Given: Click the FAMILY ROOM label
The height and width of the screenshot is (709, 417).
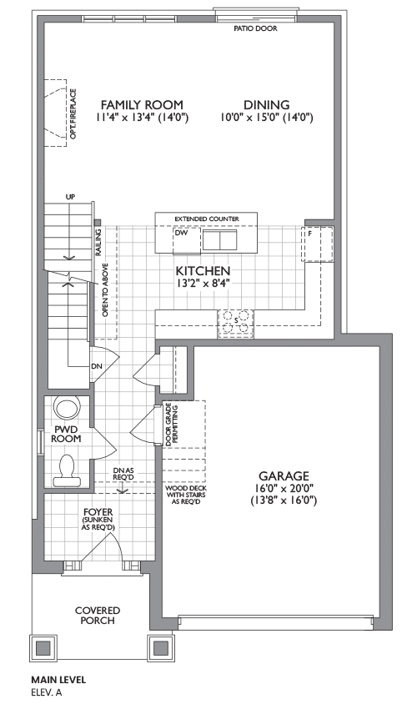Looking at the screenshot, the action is coord(142,105).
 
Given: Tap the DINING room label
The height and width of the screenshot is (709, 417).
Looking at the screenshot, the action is coord(267,105).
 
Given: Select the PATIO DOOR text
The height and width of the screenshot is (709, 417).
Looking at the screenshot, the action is coord(255,28).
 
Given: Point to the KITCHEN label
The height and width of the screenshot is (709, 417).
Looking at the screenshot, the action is coord(203,271).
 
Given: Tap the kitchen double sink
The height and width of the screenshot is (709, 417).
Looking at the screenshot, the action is coord(220,239).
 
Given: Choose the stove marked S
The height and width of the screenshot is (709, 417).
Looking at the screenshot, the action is coord(236,324).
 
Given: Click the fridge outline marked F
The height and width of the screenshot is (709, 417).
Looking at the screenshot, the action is coord(318,244).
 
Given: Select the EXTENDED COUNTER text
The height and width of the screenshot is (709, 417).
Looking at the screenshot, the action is coord(207,219).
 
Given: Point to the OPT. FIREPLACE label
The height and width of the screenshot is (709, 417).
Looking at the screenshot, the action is coord(73,113).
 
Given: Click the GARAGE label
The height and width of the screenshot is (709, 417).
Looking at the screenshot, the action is coord(284,476).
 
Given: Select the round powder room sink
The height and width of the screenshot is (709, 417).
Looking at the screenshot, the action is coord(67,407).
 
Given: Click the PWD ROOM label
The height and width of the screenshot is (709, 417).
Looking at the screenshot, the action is coord(66,434).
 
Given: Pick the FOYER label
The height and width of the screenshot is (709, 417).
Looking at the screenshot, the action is coord(98,512).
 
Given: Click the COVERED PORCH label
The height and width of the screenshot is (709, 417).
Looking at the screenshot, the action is coord(98,616).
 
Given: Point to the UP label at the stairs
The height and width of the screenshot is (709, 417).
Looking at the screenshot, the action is coord(70,197).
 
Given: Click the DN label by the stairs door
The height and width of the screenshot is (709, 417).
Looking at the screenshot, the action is coord(97,366).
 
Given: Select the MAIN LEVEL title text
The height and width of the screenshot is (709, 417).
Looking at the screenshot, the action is coord(58,680).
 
